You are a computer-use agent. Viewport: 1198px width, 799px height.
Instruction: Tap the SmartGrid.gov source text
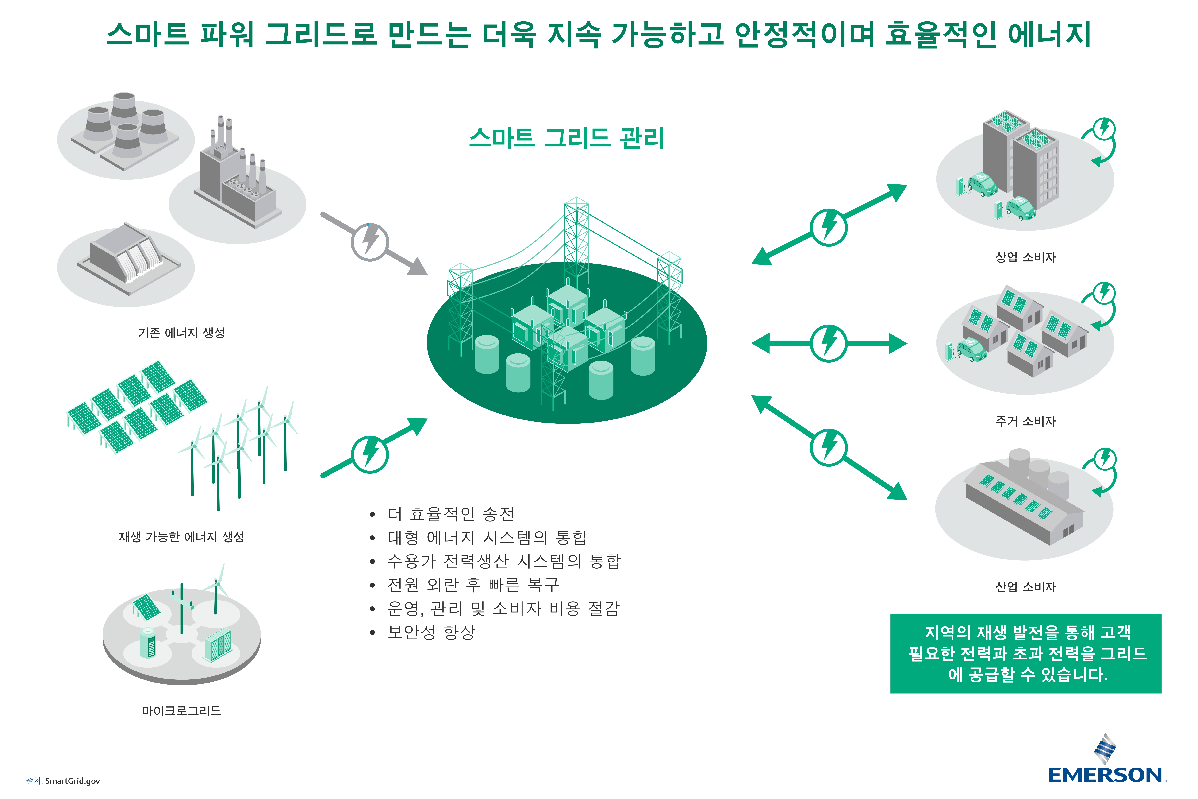tap(63, 781)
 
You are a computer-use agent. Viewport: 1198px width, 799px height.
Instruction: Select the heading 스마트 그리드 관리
tap(566, 138)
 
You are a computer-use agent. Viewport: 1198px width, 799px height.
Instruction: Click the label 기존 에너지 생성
tap(181, 333)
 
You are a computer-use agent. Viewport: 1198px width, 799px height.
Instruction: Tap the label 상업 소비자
tap(1025, 257)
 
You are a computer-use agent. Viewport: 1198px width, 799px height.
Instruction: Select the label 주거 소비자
tap(1025, 421)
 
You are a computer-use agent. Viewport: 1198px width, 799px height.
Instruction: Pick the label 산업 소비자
tap(1025, 586)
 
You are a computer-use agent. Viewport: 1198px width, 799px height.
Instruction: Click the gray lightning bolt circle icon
tap(370, 242)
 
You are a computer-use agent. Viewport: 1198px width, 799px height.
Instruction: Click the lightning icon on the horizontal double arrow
tap(829, 343)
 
